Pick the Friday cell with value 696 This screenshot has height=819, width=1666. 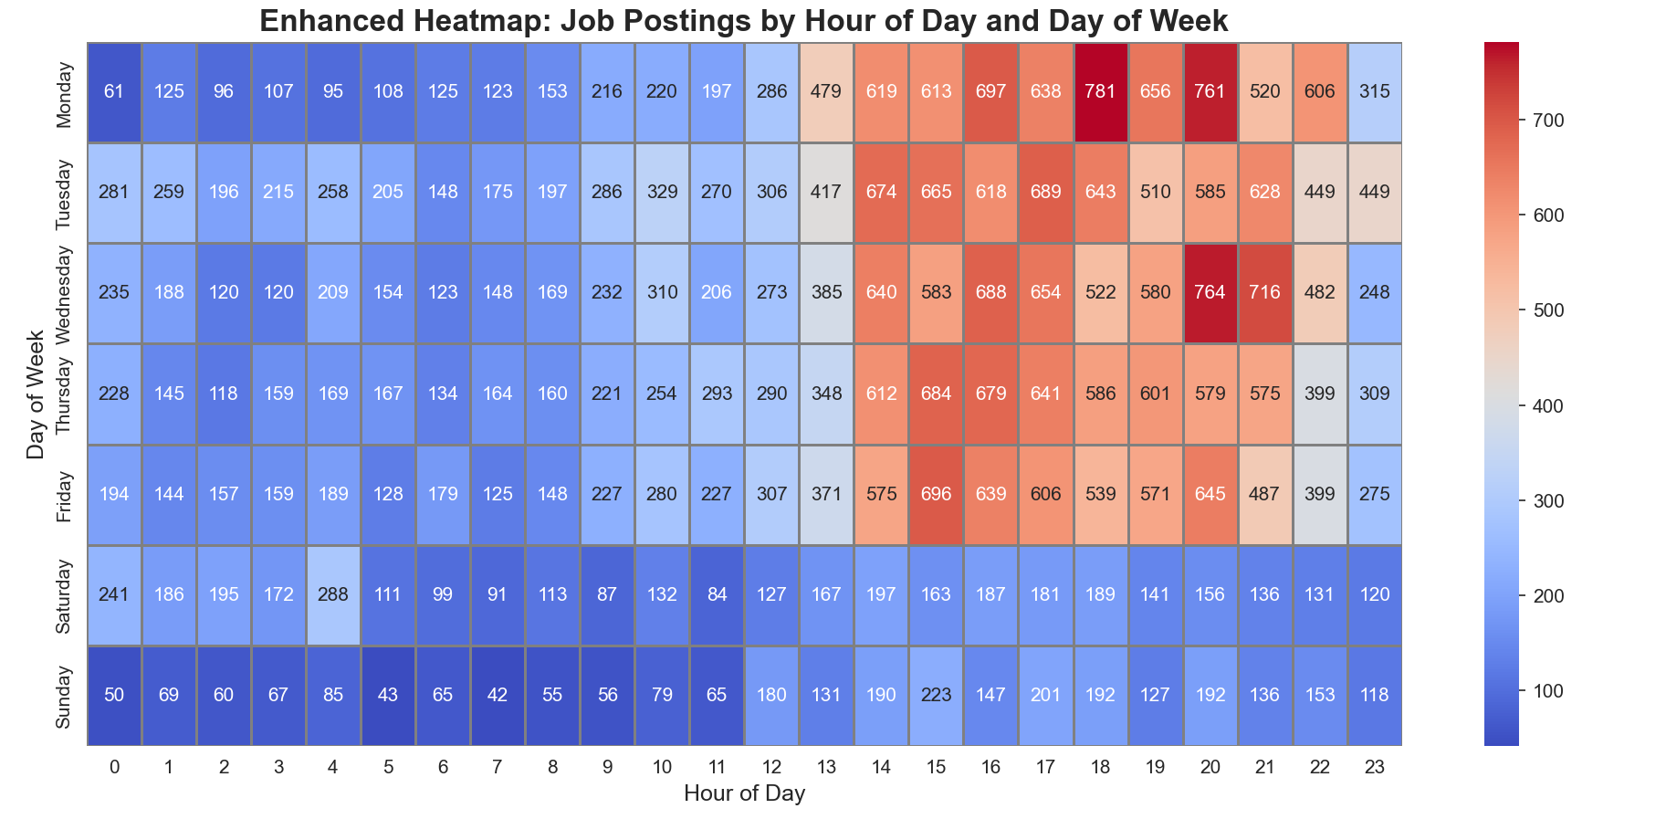click(936, 494)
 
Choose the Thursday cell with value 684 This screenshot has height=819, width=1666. click(936, 394)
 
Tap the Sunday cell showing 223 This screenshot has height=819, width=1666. click(936, 695)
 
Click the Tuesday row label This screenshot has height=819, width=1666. click(65, 193)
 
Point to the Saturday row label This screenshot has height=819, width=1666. click(65, 594)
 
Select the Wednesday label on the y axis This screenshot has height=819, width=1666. click(65, 293)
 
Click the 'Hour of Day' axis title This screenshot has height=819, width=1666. click(744, 793)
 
